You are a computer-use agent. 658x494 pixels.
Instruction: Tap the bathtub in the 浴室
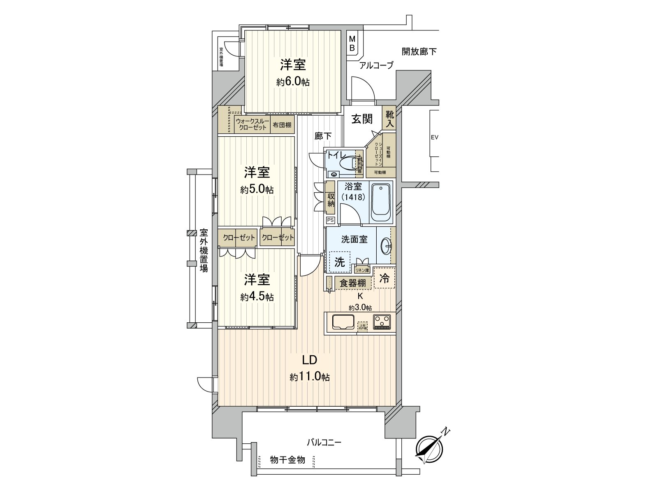(x=382, y=202)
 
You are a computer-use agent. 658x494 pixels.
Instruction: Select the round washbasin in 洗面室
(x=387, y=247)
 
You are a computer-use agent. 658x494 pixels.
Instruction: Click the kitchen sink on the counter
(x=343, y=322)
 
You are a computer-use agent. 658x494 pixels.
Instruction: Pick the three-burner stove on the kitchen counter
(x=382, y=322)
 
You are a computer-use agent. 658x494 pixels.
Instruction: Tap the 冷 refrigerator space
(x=384, y=278)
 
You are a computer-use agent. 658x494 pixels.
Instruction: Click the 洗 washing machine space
(x=339, y=262)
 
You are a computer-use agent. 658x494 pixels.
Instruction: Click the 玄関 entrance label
(x=362, y=119)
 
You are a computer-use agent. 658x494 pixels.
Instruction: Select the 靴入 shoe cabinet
(x=389, y=118)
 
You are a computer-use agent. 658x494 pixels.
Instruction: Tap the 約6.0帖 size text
(x=293, y=82)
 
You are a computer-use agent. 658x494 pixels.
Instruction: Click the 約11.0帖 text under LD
(x=309, y=377)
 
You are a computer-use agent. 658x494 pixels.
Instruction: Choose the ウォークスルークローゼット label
(x=253, y=124)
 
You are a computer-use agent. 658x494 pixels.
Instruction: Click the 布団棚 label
(x=282, y=125)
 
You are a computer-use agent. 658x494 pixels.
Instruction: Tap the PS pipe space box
(x=330, y=220)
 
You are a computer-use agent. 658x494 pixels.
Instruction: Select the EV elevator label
(x=434, y=137)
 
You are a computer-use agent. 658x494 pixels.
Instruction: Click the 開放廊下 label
(x=419, y=51)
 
